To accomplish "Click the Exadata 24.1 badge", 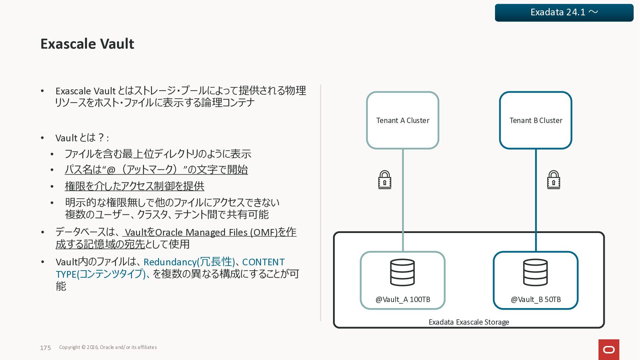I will [564, 13].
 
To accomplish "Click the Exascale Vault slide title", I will [87, 44].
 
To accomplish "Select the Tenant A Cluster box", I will [402, 120].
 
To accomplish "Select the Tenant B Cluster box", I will [535, 120].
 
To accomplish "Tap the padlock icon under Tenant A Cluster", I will [385, 180].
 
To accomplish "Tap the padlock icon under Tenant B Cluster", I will [553, 180].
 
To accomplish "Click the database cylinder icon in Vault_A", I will [402, 272].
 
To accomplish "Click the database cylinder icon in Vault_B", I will [535, 272].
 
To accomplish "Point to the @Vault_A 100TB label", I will [403, 299].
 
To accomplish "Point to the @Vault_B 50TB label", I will [536, 299].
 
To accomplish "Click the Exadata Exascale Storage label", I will [469, 322].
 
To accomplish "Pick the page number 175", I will [45, 348].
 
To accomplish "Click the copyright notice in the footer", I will [108, 347].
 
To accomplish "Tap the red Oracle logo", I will [609, 350].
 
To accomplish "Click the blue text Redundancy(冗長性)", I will [189, 262].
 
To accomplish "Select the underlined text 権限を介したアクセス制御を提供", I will [134, 186].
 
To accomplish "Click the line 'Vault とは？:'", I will [82, 138].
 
